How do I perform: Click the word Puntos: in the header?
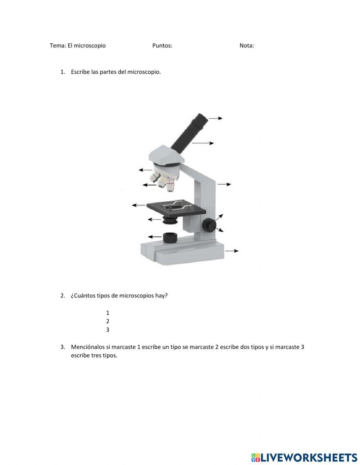click(162, 45)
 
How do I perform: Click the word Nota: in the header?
click(247, 45)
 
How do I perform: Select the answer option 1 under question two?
click(108, 313)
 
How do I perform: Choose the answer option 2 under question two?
click(108, 321)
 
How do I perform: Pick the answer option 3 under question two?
click(108, 330)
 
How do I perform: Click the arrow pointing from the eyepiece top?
click(216, 118)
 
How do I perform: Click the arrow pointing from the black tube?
click(203, 143)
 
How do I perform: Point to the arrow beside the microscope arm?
click(224, 184)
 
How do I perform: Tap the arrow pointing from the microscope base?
click(231, 251)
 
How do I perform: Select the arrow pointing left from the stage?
click(139, 205)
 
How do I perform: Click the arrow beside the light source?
click(155, 237)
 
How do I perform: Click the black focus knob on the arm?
click(209, 225)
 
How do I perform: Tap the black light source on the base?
click(170, 238)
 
